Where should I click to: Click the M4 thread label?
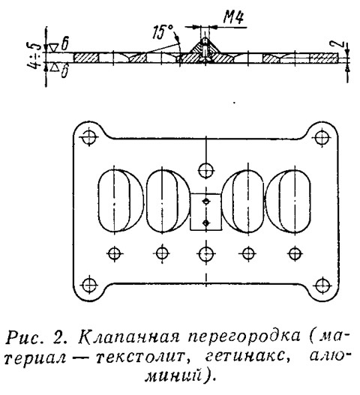point(234,18)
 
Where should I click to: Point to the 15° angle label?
point(163,31)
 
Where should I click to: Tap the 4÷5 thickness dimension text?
point(34,58)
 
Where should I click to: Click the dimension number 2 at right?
point(340,44)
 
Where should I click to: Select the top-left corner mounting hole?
point(89,137)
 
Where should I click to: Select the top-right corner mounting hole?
point(322,138)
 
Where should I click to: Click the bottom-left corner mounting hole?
point(89,285)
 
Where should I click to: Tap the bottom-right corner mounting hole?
point(323,286)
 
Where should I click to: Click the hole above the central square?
point(206,171)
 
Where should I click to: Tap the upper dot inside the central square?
point(206,201)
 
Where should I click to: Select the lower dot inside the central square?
point(206,223)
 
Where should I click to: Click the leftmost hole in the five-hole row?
point(115,253)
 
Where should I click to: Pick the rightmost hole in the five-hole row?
point(294,253)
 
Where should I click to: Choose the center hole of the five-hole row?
point(206,253)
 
